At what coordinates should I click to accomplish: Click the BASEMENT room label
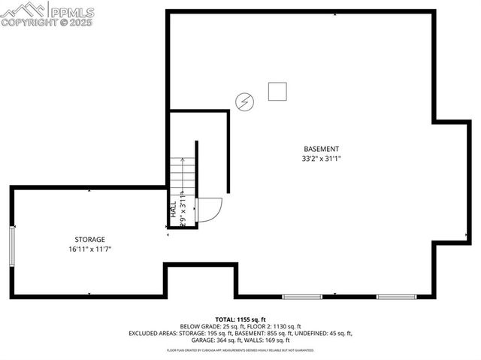pyautogui.click(x=321, y=149)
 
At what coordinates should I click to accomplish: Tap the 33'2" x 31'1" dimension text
pyautogui.click(x=321, y=159)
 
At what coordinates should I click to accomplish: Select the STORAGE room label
pyautogui.click(x=89, y=239)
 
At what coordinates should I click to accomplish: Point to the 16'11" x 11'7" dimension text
pyautogui.click(x=89, y=249)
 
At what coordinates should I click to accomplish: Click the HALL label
pyautogui.click(x=173, y=208)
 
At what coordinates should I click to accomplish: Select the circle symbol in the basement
pyautogui.click(x=244, y=101)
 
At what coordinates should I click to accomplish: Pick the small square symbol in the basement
pyautogui.click(x=277, y=92)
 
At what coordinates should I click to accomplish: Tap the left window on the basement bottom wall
pyautogui.click(x=296, y=296)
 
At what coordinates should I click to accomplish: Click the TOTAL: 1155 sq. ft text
pyautogui.click(x=240, y=319)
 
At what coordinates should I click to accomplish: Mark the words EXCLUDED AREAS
pyautogui.click(x=154, y=333)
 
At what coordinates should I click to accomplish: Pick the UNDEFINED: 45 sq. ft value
pyautogui.click(x=324, y=333)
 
